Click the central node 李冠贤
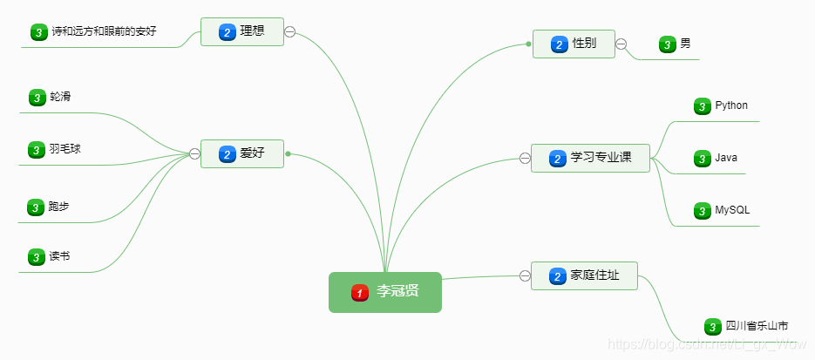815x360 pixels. coord(385,292)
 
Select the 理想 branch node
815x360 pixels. coord(241,32)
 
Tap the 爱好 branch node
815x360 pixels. coord(241,154)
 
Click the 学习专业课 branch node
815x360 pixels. coord(590,159)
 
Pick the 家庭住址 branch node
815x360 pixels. coord(584,276)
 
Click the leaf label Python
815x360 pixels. coord(731,105)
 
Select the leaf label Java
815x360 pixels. coord(726,158)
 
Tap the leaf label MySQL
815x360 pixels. coord(732,210)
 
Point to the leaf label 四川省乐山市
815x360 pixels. coord(757,326)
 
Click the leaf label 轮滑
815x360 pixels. coord(60,97)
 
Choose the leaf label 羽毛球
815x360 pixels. coord(65,149)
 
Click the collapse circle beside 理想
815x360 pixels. coord(290,32)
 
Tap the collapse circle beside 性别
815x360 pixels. coord(621,44)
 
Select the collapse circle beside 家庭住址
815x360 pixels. coord(525,276)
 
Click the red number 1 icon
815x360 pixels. coord(360,292)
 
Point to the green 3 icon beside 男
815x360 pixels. coord(668,44)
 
